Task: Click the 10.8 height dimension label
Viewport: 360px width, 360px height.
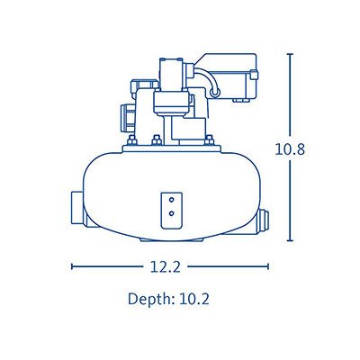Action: [x=290, y=149]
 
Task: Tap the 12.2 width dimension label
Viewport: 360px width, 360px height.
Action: [x=166, y=266]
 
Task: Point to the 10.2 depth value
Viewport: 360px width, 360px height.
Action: [x=193, y=299]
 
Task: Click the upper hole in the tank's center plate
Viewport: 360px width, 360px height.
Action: [x=171, y=200]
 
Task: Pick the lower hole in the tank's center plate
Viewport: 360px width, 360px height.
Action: [x=171, y=213]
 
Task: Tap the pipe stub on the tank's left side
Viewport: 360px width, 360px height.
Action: [x=78, y=208]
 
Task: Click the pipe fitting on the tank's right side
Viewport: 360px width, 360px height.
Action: [x=263, y=221]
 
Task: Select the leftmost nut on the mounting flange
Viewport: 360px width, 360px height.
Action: [x=132, y=139]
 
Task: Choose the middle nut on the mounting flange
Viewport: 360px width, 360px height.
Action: [x=157, y=139]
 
